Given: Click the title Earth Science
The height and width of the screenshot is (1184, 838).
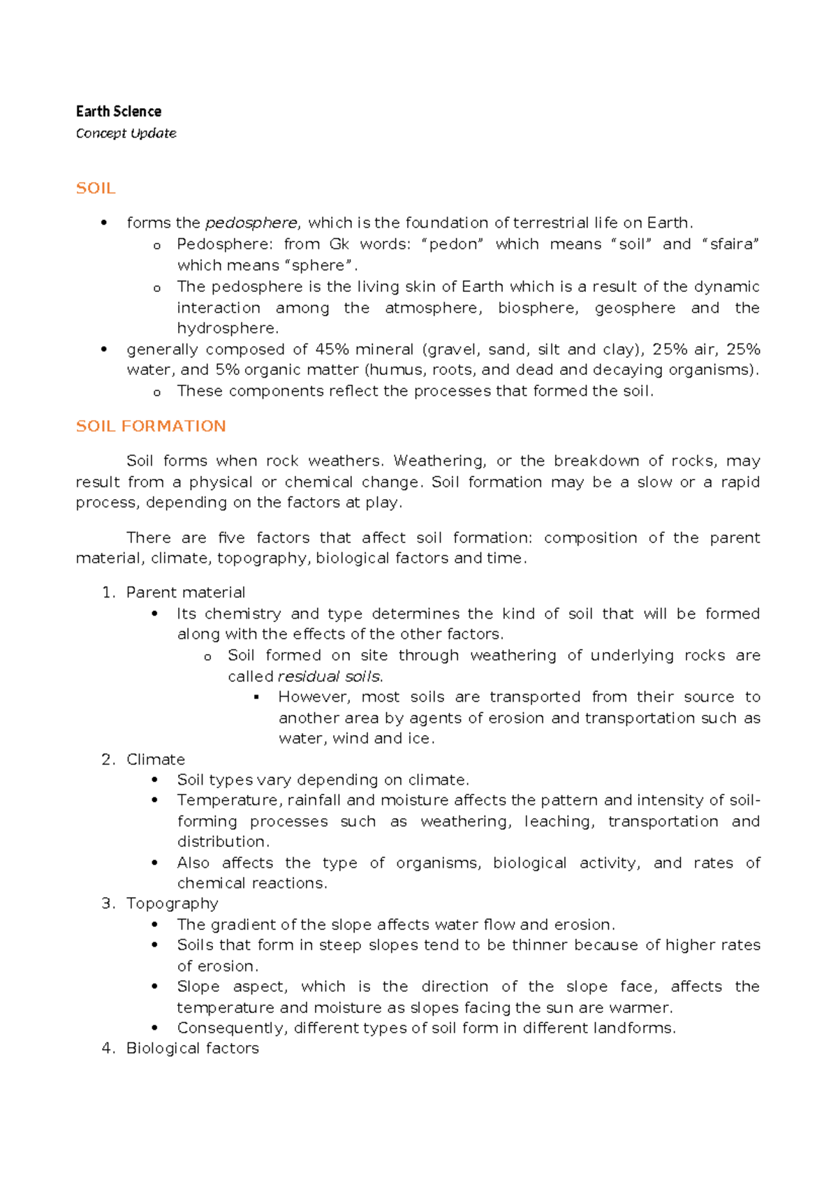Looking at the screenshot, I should coord(118,112).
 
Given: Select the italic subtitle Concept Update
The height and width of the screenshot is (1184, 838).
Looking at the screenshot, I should coord(126,133).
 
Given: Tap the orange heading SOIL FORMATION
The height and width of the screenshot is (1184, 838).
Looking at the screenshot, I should coord(151,426).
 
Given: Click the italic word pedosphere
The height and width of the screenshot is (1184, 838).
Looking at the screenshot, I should coord(251,223).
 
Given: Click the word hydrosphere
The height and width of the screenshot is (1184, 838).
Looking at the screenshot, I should coord(227,328).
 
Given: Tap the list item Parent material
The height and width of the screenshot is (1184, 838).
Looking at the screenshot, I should coord(185,593).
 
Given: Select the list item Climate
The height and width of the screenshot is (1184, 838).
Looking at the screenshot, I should coord(155,760).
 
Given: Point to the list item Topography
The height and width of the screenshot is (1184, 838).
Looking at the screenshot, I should coord(172,903).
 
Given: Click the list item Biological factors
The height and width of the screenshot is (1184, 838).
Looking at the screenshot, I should coord(192,1049).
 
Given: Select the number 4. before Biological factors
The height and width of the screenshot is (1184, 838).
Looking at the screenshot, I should coord(108,1049).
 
